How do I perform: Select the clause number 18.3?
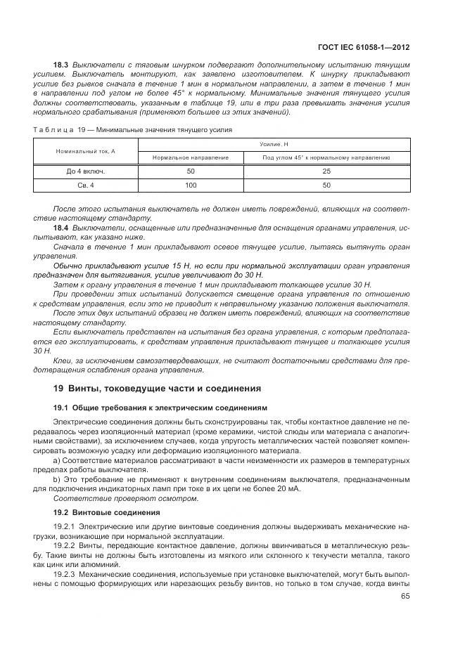point(60,65)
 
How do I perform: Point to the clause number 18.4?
point(60,229)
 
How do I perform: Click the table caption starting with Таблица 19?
point(132,130)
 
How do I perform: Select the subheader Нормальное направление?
point(190,158)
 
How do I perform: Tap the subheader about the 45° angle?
point(326,158)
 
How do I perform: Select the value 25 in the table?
point(326,171)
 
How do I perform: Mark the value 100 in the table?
point(190,185)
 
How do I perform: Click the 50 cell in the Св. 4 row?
point(326,185)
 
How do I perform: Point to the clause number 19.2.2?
point(65,545)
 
